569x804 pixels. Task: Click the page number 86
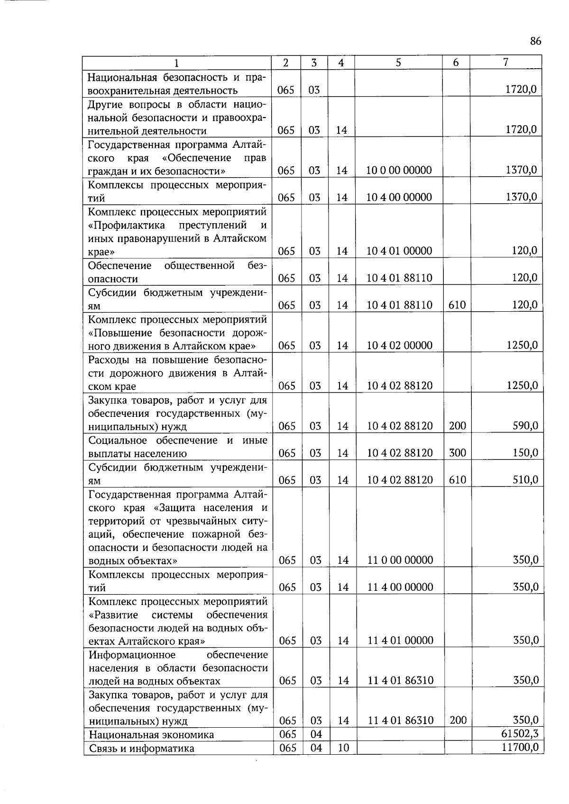tap(535, 41)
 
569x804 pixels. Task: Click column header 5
tap(398, 63)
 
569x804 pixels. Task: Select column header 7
tap(506, 62)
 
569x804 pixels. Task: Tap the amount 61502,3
tap(520, 734)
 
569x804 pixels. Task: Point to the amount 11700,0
tap(520, 748)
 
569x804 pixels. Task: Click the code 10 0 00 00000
tap(399, 171)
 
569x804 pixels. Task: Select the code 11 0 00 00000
tap(400, 560)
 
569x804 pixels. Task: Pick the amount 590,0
tap(525, 426)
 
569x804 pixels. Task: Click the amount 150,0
tap(525, 453)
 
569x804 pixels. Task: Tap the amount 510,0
tap(525, 480)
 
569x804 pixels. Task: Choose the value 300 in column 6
tap(458, 453)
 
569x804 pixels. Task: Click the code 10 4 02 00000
tap(399, 345)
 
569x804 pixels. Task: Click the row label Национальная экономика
tap(151, 735)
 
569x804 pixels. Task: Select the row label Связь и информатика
tap(141, 749)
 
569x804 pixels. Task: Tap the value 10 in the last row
tap(343, 748)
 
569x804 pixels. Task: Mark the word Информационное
tap(132, 655)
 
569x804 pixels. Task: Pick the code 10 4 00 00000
tap(399, 198)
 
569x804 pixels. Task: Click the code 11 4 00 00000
tap(400, 587)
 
